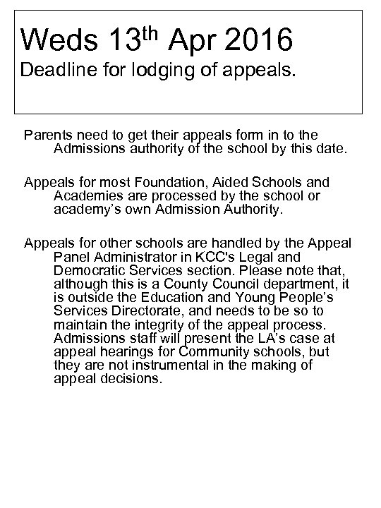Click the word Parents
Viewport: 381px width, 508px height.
coord(47,134)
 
